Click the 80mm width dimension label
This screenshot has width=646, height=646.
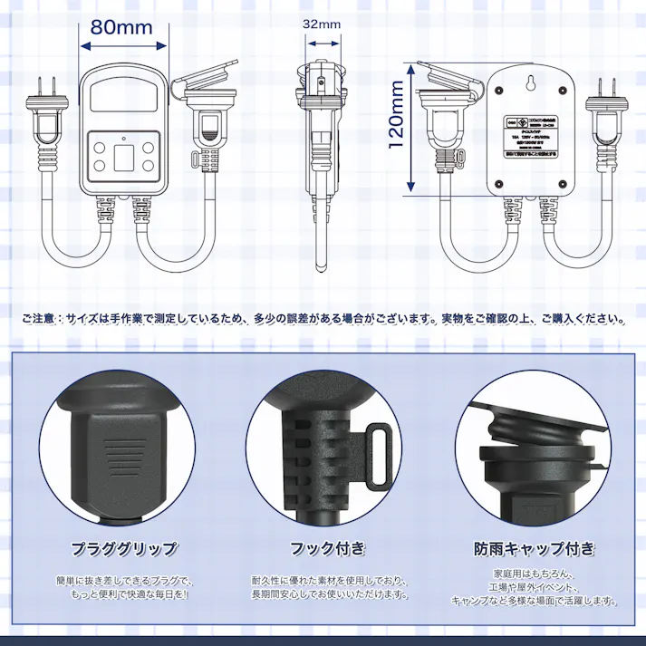pos(121,26)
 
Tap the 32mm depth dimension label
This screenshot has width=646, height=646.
pos(322,24)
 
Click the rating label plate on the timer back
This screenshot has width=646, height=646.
pos(530,137)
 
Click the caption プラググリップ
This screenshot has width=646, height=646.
pos(124,548)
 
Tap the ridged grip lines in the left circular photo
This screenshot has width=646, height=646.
pos(120,449)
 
